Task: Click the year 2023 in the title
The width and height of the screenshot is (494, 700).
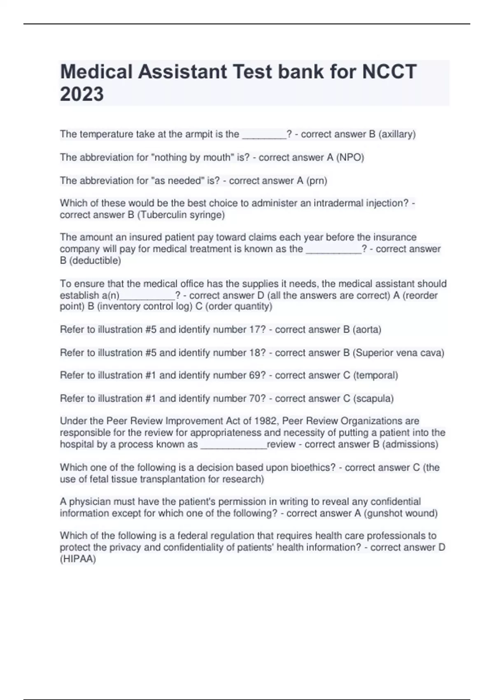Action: coord(82,94)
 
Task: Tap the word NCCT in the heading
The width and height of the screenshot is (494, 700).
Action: coord(389,72)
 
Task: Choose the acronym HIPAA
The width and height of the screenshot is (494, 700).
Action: coord(78,559)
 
